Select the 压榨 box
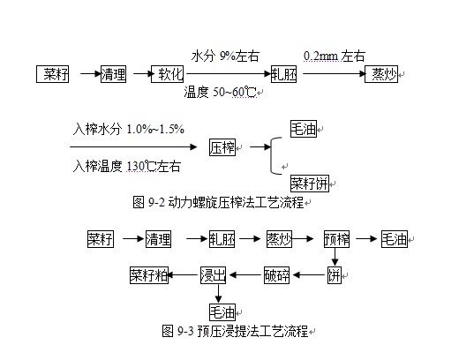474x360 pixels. pyautogui.click(x=222, y=148)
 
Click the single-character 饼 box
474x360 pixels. pyautogui.click(x=335, y=274)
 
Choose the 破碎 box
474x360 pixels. pyautogui.click(x=277, y=274)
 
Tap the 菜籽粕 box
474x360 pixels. pyautogui.click(x=149, y=274)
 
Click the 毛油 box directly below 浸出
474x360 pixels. pyautogui.click(x=222, y=311)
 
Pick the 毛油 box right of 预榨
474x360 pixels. pyautogui.click(x=395, y=238)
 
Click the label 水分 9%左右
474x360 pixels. pyautogui.click(x=225, y=56)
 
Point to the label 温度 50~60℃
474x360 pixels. pyautogui.click(x=221, y=92)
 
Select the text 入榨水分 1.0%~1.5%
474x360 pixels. pyautogui.click(x=129, y=130)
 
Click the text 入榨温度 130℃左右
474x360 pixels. pyautogui.click(x=128, y=165)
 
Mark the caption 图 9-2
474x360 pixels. pyautogui.click(x=223, y=202)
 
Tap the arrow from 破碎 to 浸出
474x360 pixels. pyautogui.click(x=246, y=274)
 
